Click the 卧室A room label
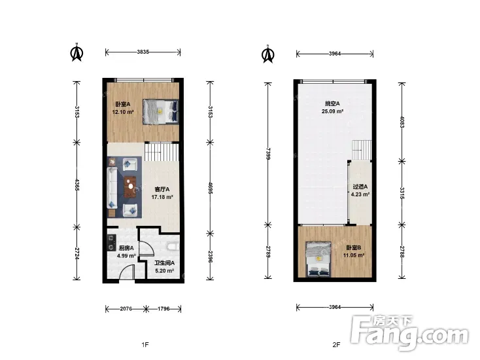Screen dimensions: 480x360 pos(122,105)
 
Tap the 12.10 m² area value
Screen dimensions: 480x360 pos(123,112)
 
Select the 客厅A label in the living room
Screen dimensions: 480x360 pos(162,190)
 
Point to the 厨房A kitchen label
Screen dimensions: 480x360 pos(126,248)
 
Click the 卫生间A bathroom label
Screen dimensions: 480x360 pos(164,263)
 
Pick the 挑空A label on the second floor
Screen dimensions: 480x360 pos(332,104)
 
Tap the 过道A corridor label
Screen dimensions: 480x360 pos(360,187)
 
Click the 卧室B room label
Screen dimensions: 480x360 pos(354,247)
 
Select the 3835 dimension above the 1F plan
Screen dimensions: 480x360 pos(143,52)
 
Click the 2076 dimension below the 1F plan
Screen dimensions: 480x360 pos(126,309)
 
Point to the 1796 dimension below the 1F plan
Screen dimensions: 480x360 pos(163,309)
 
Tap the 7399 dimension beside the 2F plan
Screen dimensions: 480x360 pos(268,154)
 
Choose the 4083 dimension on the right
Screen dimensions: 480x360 pos(402,122)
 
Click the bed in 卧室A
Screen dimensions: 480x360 pos(161,111)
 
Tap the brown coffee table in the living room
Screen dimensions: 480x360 pos(131,187)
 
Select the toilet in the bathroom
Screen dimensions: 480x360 pos(173,247)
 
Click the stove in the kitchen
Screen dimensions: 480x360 pos(111,243)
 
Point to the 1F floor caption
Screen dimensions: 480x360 pos(145,345)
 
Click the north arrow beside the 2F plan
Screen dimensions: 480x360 pos(268,54)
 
